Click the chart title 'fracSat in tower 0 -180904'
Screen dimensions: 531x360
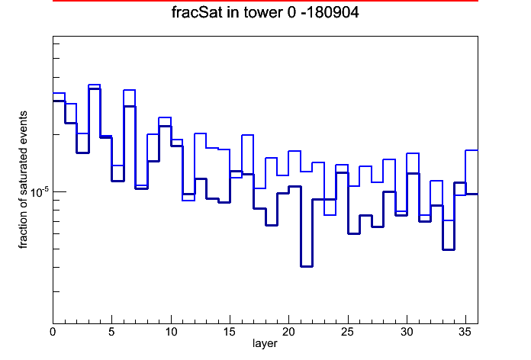coord(265,12)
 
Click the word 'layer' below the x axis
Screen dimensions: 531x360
coord(265,344)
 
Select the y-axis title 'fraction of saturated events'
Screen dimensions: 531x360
coord(23,180)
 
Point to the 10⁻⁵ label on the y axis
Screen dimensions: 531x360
coord(40,192)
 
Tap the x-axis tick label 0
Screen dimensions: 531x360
coord(53,332)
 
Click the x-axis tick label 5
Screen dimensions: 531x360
coord(111,332)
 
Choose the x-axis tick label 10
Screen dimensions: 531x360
coord(171,332)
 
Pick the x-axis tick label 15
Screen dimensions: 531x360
coord(230,332)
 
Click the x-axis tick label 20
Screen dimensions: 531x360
coord(288,332)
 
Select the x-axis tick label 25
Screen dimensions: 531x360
coord(347,332)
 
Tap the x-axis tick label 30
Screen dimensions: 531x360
coord(407,332)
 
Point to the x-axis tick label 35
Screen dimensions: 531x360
coord(465,332)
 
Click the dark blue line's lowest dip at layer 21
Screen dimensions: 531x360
coord(307,266)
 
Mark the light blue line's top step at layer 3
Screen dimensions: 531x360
coord(95,85)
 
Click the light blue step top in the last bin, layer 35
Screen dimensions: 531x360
coord(471,150)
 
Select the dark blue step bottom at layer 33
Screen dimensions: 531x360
coord(449,249)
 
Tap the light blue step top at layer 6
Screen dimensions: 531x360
coord(130,90)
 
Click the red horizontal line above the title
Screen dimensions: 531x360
coord(265,1)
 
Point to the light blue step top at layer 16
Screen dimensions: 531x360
coord(247,135)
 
